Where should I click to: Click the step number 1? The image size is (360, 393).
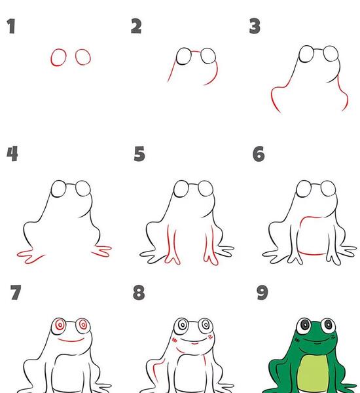[x=11, y=26]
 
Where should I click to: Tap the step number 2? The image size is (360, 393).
[x=136, y=26]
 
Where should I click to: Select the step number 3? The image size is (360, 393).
[x=255, y=26]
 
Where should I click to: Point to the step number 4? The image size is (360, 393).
[x=12, y=154]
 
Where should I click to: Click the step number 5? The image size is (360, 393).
[x=139, y=154]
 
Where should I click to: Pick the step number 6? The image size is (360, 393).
[x=259, y=154]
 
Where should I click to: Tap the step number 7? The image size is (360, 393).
[x=16, y=292]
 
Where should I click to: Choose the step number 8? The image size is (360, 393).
[x=139, y=292]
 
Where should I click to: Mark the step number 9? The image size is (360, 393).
[x=262, y=292]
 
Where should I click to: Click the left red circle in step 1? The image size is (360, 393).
[x=51, y=58]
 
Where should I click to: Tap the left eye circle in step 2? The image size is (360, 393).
[x=177, y=56]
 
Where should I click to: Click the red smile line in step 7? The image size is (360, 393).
[x=71, y=341]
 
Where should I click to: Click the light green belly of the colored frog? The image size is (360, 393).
[x=313, y=373]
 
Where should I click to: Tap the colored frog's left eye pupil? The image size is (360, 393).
[x=304, y=325]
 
